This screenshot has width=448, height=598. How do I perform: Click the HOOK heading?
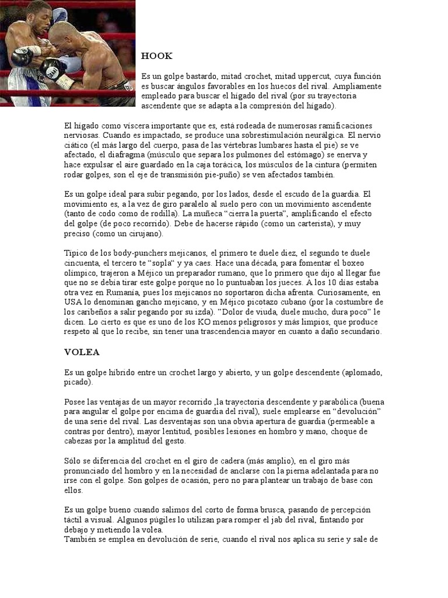pos(156,56)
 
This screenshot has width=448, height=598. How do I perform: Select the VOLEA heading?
pos(82,352)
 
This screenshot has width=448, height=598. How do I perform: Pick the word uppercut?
pos(315,77)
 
